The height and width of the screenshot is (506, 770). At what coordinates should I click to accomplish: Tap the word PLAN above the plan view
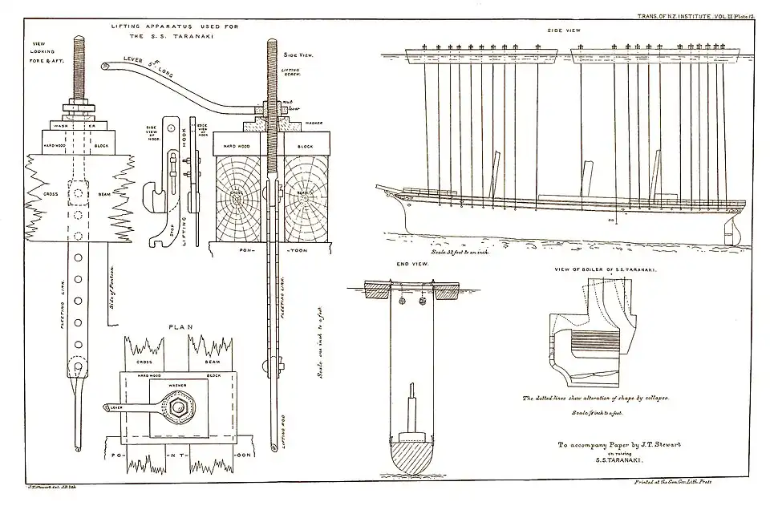[179, 327]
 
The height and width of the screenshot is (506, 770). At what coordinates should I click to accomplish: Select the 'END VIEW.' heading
[410, 264]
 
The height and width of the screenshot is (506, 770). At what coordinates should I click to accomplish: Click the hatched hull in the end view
[409, 457]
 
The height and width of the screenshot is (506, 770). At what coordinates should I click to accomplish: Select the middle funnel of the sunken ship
[586, 177]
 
